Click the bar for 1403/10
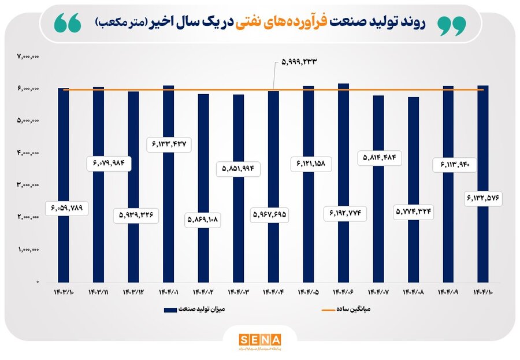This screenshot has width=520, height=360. pyautogui.click(x=64, y=185)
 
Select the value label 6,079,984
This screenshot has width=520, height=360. pyautogui.click(x=112, y=164)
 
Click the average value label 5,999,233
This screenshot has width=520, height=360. pyautogui.click(x=301, y=62)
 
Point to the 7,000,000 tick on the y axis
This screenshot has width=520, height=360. pyautogui.click(x=28, y=57)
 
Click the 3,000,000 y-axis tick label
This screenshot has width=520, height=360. pyautogui.click(x=28, y=185)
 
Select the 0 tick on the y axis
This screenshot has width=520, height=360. pyautogui.click(x=37, y=282)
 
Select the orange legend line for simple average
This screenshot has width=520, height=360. pyautogui.click(x=327, y=310)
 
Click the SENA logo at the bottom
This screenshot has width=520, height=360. pyautogui.click(x=259, y=340)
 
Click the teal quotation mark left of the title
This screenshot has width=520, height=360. pyautogui.click(x=68, y=23)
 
